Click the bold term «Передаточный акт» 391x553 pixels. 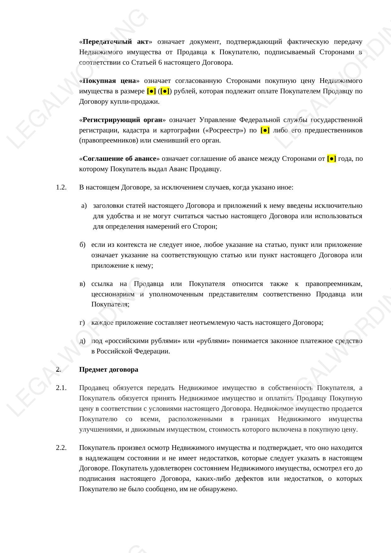click(x=115, y=42)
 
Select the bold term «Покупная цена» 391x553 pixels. click(x=109, y=81)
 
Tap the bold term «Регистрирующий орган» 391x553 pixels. click(x=122, y=120)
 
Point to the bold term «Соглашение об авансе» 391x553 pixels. click(x=119, y=159)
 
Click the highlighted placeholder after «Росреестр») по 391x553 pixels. click(x=265, y=130)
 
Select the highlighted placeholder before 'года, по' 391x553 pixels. click(x=331, y=159)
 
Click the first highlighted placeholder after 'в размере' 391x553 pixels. click(x=152, y=91)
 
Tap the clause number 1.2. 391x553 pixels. click(x=61, y=188)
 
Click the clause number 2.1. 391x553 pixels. click(x=61, y=388)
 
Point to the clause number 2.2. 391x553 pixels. click(x=61, y=448)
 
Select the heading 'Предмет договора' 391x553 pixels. click(x=108, y=370)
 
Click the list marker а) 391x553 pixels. click(x=84, y=206)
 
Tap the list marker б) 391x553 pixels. click(x=83, y=245)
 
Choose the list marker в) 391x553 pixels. click(x=83, y=284)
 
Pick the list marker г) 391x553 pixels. click(x=82, y=323)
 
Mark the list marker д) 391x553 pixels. click(x=83, y=341)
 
